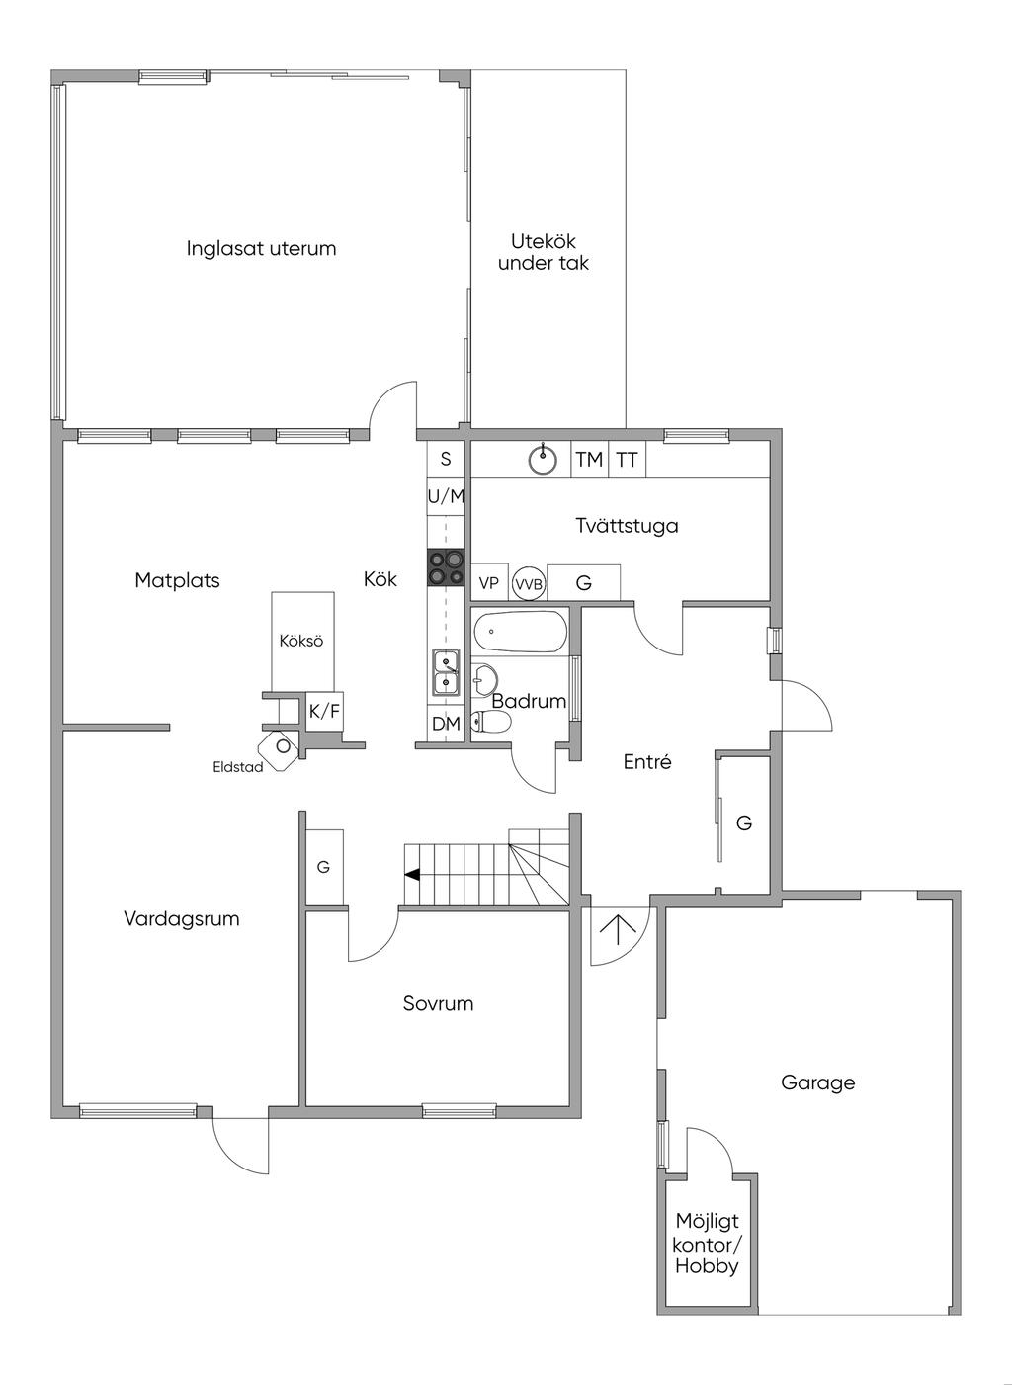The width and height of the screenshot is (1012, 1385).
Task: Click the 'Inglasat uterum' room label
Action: click(261, 248)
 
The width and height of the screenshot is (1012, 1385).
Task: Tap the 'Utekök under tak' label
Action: click(544, 252)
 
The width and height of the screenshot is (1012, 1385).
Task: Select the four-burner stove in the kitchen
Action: click(446, 569)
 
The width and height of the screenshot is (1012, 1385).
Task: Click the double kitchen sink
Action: click(446, 671)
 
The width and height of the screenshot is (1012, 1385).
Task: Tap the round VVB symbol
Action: click(529, 584)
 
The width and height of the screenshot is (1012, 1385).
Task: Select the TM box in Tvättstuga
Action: click(589, 460)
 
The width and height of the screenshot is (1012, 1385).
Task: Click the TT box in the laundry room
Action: click(627, 460)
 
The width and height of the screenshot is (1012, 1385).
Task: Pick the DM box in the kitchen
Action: click(446, 724)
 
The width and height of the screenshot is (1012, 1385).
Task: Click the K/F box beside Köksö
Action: click(324, 710)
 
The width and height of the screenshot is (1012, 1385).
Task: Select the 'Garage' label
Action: click(817, 1082)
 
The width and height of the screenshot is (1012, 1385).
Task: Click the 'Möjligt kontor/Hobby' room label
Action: click(707, 1244)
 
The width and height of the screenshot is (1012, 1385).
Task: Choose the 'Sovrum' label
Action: click(438, 1003)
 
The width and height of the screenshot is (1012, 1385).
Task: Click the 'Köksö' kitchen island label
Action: click(301, 641)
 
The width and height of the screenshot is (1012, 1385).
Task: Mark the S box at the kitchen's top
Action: click(446, 459)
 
